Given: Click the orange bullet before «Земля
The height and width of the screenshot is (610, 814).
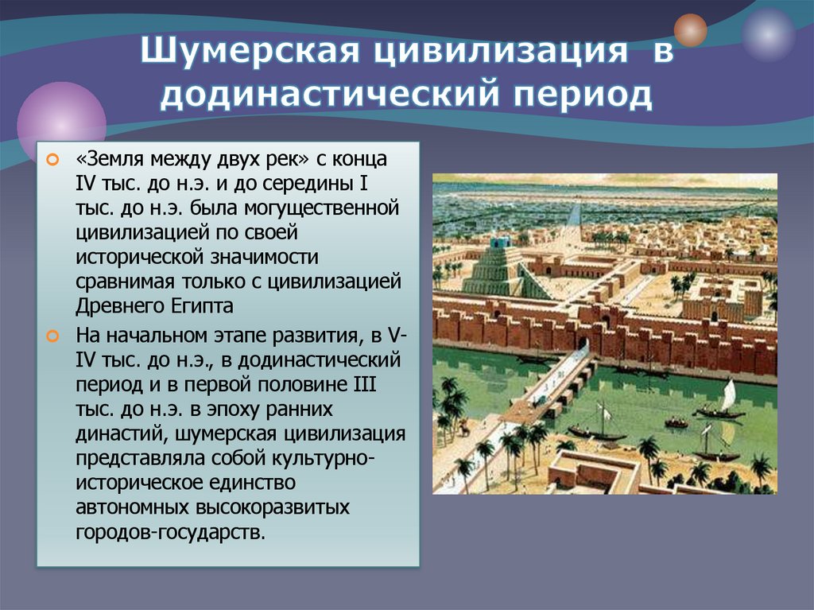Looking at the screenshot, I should click(x=52, y=160).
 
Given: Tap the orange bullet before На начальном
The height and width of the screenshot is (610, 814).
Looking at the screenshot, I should click(x=52, y=336).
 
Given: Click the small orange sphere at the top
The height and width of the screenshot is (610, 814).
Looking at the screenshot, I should click(x=690, y=30).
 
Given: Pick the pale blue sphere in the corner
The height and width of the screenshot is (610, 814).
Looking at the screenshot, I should click(x=768, y=35).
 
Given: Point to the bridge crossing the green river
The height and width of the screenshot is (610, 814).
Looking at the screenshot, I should click(x=548, y=394).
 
